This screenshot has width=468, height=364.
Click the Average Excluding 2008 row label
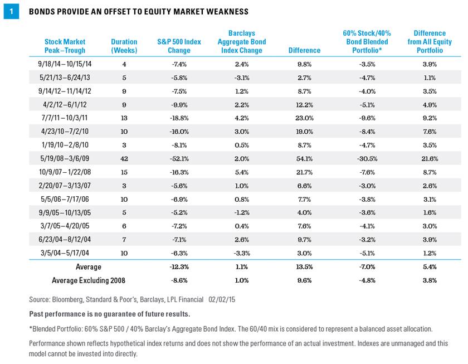85,280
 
